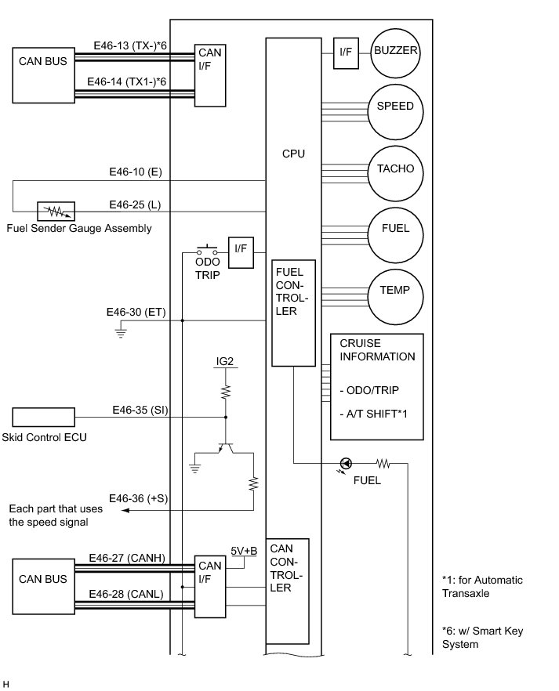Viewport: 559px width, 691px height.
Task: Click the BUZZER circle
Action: [x=396, y=52]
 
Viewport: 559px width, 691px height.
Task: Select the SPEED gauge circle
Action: [x=396, y=107]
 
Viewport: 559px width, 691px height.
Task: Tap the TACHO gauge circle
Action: [x=396, y=170]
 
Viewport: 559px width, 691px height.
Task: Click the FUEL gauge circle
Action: [x=396, y=230]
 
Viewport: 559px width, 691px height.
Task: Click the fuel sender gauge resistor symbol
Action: [x=56, y=211]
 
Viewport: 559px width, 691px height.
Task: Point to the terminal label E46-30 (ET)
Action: [x=136, y=312]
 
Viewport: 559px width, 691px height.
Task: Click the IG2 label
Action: [x=226, y=362]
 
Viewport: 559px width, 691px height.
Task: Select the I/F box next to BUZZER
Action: [x=346, y=52]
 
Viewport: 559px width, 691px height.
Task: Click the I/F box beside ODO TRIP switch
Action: [x=241, y=249]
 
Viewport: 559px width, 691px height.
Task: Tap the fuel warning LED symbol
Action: [x=345, y=463]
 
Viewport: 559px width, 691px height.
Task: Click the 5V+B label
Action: [x=244, y=551]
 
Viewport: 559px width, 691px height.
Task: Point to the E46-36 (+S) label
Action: [x=136, y=498]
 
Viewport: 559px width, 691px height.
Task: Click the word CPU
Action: [x=293, y=154]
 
